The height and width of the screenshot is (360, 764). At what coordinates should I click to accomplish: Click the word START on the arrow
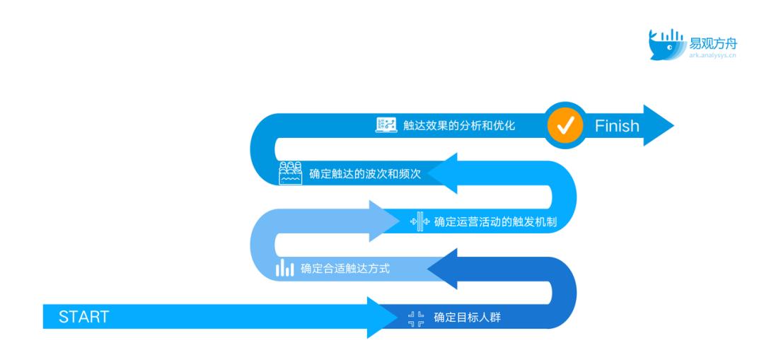click(83, 317)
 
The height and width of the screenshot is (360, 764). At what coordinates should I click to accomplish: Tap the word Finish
click(617, 126)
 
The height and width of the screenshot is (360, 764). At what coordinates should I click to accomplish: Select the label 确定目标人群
click(468, 318)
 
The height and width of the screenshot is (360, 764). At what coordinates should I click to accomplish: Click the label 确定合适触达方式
click(345, 269)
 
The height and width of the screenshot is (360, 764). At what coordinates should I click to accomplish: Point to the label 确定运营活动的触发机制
click(495, 222)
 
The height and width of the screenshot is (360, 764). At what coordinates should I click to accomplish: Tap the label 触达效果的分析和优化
click(459, 126)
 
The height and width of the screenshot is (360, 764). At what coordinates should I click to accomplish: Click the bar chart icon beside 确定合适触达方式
click(285, 268)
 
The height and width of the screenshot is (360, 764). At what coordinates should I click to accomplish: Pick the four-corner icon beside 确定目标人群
click(416, 318)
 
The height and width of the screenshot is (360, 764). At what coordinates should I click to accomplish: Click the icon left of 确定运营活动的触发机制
click(420, 221)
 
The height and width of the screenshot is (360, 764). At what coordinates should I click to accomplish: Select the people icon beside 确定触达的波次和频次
click(290, 173)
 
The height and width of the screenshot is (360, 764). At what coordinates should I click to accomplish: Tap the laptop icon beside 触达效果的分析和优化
click(386, 125)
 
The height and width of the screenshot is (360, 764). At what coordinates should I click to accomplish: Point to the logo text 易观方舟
click(713, 44)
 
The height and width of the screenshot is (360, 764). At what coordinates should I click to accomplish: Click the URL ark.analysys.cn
click(712, 56)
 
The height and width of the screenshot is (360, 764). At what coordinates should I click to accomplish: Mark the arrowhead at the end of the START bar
click(383, 317)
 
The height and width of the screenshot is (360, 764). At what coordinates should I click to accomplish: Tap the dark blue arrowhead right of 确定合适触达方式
click(442, 269)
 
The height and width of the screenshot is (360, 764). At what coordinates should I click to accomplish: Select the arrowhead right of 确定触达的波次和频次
click(442, 173)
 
